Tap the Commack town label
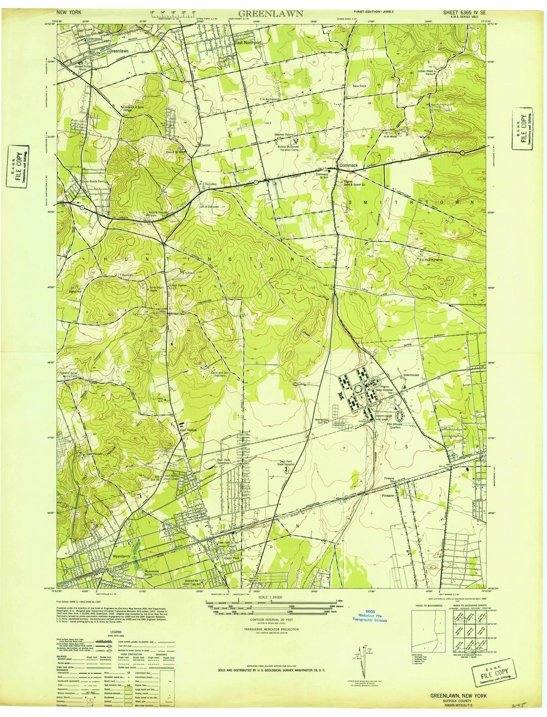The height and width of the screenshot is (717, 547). tap(349, 165)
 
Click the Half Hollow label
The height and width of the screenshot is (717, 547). tap(189, 430)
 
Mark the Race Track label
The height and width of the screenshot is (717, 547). tap(359, 86)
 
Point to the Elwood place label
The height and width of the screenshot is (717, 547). tap(205, 145)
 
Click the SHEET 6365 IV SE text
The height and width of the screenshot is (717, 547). tap(464, 13)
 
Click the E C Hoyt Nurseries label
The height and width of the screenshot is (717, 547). tap(431, 259)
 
